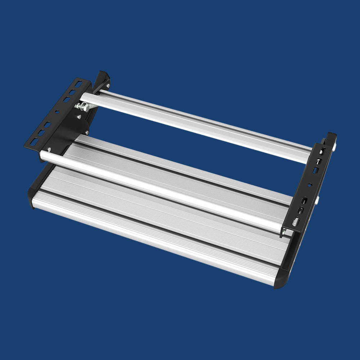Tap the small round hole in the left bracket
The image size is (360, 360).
[x=57, y=112]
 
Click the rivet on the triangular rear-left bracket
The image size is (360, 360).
[x=108, y=85]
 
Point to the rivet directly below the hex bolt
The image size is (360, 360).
[x=78, y=117]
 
